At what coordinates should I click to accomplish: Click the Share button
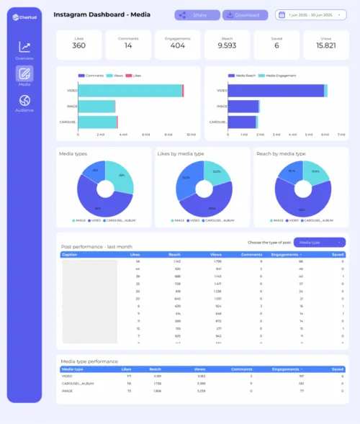point(196,14)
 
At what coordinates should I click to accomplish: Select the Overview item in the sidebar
point(24,50)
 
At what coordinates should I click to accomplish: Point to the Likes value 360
point(78,46)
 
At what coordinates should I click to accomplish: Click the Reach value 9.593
point(227,46)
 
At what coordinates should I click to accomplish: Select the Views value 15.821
point(325,46)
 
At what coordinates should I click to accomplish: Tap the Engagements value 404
point(177,46)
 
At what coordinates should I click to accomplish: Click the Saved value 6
point(276,46)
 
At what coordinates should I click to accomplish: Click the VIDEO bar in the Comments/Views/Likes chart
point(130,90)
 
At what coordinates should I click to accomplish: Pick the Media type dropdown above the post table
point(320,242)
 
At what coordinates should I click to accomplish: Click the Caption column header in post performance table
point(70,254)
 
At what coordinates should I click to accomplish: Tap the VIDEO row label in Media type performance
point(67,375)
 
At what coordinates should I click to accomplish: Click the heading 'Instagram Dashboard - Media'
point(102,14)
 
